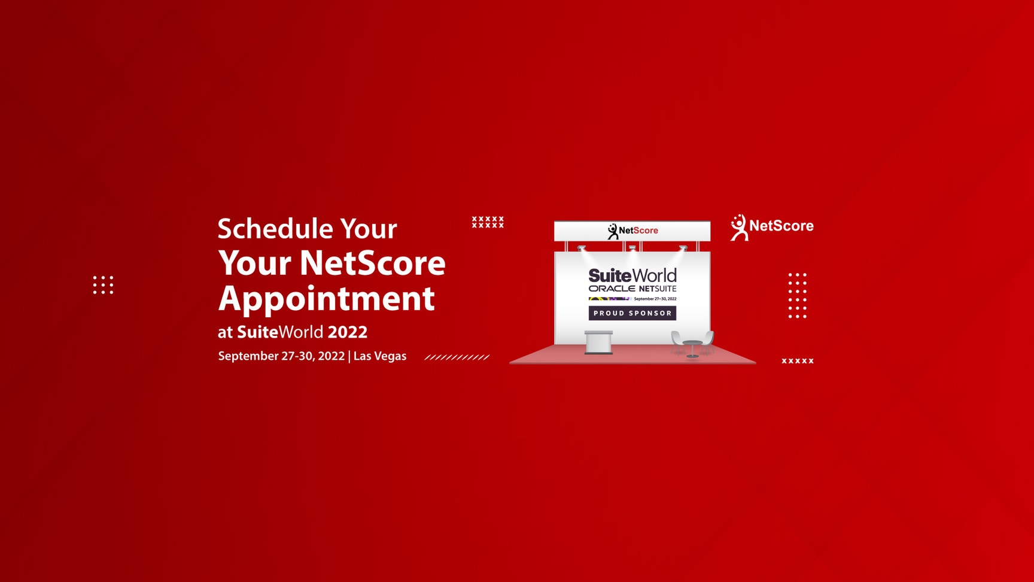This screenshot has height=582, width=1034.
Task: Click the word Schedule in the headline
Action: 275,228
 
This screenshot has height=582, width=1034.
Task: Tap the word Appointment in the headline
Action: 326,299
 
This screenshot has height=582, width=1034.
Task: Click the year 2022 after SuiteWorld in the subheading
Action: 348,332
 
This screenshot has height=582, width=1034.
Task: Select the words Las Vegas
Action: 380,356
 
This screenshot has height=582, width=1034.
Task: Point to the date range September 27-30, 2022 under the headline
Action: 281,356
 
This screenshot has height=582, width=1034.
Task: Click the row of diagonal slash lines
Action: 457,357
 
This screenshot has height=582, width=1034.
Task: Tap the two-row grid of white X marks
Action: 488,222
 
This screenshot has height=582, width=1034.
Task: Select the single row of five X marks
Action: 798,361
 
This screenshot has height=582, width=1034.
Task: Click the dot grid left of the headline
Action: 103,285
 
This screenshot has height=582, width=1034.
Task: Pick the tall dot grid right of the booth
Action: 797,295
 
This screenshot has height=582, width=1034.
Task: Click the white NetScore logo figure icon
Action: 739,228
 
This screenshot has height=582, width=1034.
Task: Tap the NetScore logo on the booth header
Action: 632,231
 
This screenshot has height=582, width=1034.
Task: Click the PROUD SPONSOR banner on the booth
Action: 632,313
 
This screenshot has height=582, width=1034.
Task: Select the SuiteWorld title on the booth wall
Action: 632,275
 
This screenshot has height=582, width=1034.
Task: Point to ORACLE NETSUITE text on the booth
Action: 632,289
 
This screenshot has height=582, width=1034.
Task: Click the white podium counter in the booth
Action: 598,342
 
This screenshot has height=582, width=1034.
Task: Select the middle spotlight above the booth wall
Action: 632,248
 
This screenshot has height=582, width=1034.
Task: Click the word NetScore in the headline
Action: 373,263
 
